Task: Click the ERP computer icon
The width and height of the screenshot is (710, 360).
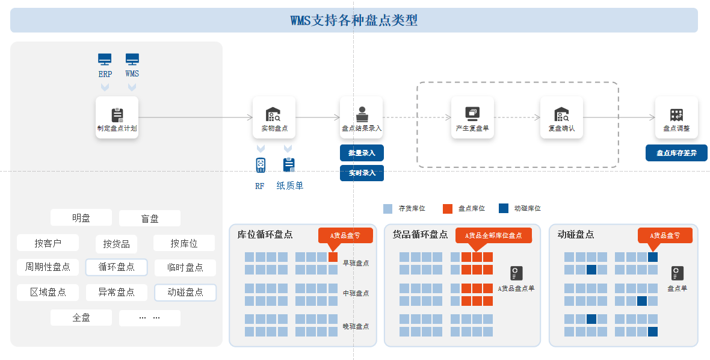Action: [x=105, y=60]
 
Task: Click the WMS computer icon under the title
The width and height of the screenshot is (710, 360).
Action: [x=132, y=60]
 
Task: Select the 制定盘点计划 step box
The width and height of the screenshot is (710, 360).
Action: [x=117, y=117]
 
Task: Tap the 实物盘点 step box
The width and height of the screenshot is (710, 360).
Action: [x=274, y=117]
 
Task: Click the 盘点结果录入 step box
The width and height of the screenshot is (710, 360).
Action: [x=362, y=117]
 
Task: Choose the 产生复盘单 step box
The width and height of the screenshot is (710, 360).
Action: [x=472, y=117]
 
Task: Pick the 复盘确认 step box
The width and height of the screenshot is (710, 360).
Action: [x=561, y=117]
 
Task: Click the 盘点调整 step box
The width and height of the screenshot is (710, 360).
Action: [x=676, y=117]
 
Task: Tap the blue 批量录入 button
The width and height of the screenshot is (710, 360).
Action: [x=362, y=153]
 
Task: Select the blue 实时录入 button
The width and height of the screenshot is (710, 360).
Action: [x=362, y=173]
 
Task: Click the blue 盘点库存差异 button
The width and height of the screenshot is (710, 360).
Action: [x=676, y=153]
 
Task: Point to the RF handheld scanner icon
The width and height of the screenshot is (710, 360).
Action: [x=261, y=165]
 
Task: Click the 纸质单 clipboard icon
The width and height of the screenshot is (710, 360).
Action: [x=289, y=165]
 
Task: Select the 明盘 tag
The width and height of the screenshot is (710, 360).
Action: [x=81, y=218]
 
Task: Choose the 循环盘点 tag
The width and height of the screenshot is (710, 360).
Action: [x=116, y=267]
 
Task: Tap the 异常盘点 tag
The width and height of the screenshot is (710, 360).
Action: [x=116, y=293]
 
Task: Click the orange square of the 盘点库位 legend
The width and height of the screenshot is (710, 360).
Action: [x=448, y=208]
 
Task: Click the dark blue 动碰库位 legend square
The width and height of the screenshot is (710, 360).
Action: [x=504, y=208]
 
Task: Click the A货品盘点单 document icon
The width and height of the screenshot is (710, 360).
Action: [x=517, y=273]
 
